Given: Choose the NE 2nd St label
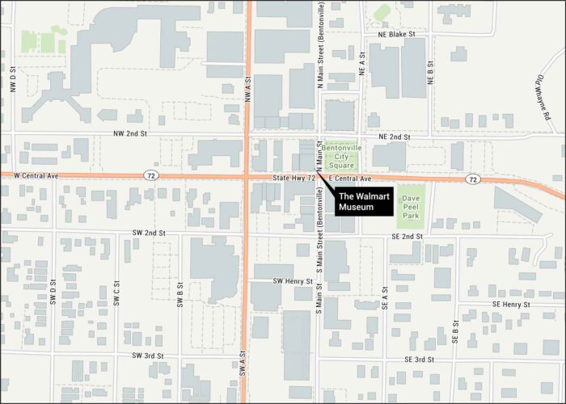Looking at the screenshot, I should (395, 137).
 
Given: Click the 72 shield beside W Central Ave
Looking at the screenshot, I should (151, 175).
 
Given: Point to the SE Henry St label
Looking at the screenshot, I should (509, 304).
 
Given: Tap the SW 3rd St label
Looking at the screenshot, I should (147, 356).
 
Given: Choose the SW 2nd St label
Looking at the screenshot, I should (149, 233).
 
